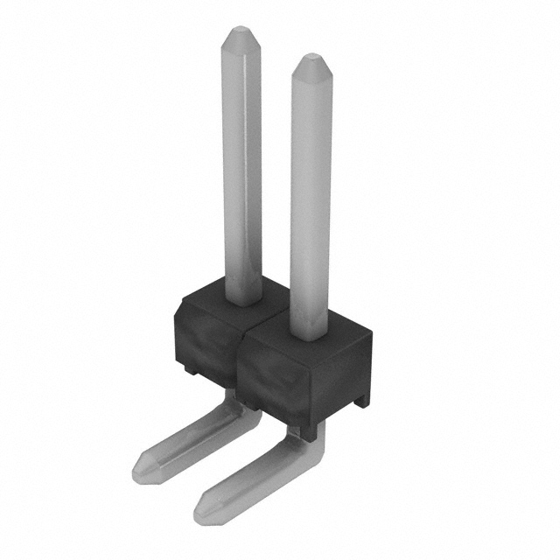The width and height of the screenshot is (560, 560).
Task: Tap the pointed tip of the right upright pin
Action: coord(311,63)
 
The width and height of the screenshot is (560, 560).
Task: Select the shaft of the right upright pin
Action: coord(311,201)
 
